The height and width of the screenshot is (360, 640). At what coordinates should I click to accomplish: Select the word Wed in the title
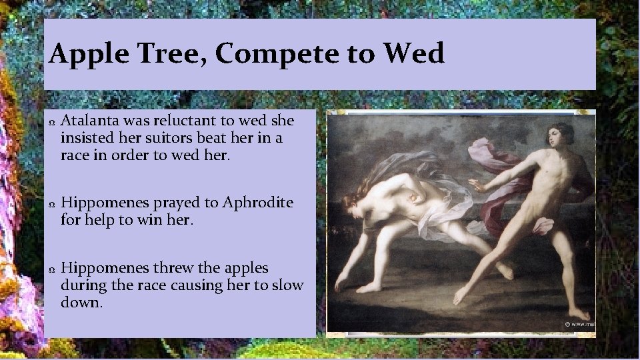coord(416,53)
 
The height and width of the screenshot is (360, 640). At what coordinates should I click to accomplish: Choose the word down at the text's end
coord(80,302)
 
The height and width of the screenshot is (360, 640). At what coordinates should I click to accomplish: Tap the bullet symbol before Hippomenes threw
coord(51,270)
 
